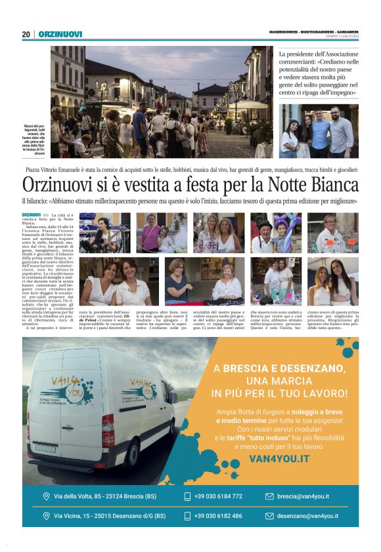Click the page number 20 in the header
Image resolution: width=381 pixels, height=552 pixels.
26,34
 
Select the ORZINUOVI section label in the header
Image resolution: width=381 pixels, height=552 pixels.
60,34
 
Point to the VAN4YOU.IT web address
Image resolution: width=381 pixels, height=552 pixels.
279,460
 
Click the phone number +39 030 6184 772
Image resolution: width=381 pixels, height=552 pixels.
218,496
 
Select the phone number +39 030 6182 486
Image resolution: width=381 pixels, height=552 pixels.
218,516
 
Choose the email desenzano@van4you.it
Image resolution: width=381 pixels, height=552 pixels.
307,516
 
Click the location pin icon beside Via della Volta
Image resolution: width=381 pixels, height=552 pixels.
46,496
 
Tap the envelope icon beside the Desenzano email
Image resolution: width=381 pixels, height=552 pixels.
269,516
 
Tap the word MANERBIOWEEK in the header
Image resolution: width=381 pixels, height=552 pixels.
284,31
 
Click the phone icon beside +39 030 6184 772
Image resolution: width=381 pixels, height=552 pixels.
187,496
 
